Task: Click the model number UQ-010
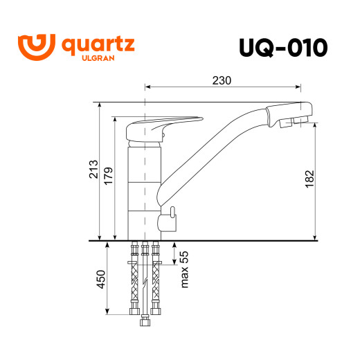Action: click(x=282, y=47)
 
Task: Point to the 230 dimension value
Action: click(x=222, y=80)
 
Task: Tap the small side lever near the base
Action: click(x=168, y=219)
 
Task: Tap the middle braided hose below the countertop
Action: click(x=145, y=280)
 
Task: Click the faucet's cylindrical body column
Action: click(x=144, y=187)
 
